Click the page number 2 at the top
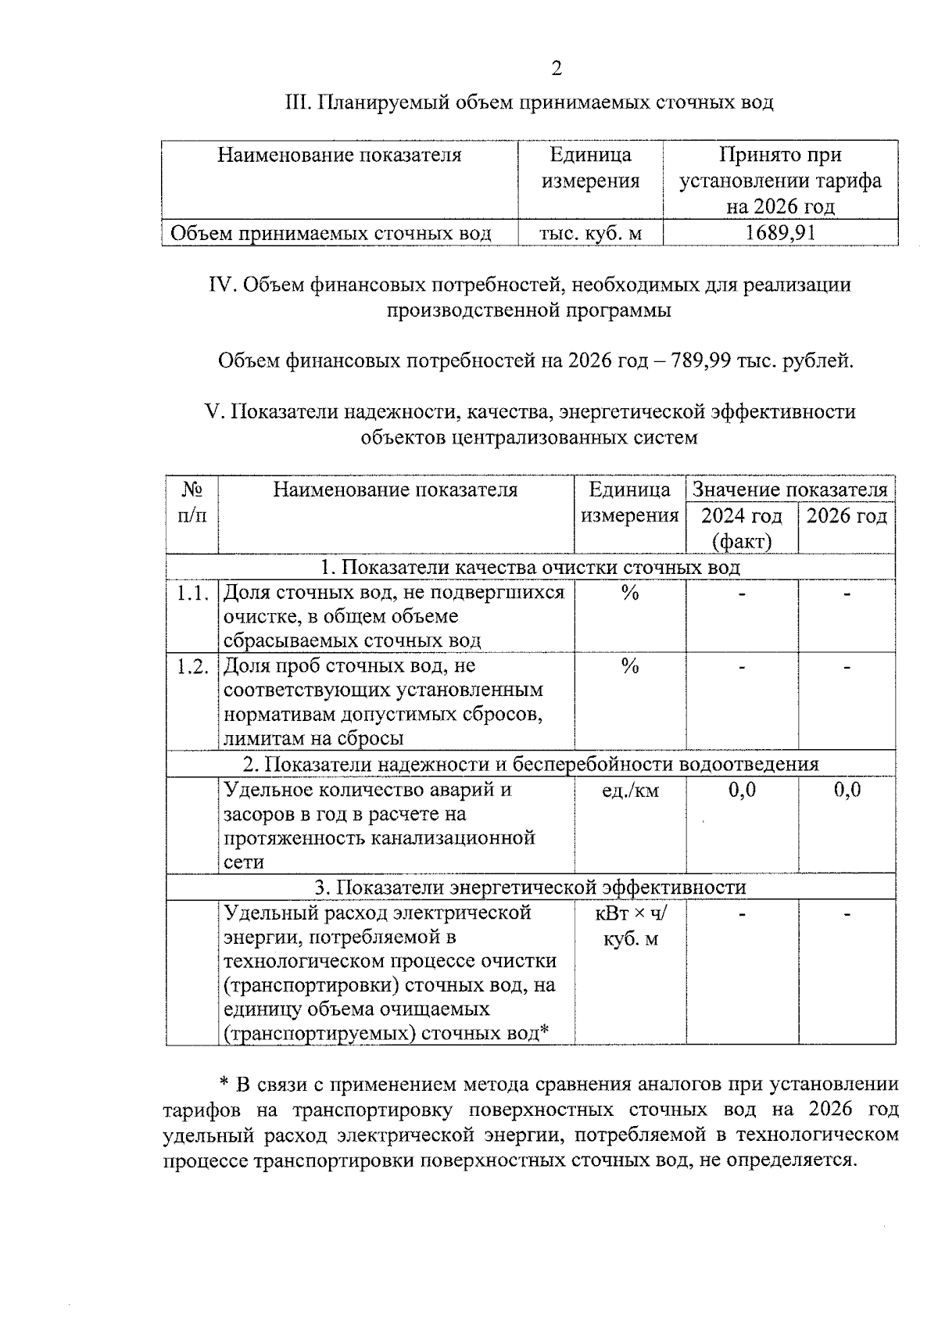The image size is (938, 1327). [x=556, y=69]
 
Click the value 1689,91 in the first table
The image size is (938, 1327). [x=780, y=233]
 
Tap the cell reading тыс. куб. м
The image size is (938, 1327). [x=590, y=233]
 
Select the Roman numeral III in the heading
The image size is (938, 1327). [x=299, y=102]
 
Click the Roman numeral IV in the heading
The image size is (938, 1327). [x=222, y=285]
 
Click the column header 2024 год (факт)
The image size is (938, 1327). [x=741, y=528]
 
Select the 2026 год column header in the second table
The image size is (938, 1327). [x=847, y=516]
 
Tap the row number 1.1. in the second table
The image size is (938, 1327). [x=192, y=594]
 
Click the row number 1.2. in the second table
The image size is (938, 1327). [x=192, y=667]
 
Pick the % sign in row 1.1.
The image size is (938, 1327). [x=630, y=594]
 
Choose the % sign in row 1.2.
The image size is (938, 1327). [x=630, y=667]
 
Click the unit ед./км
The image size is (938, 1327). [x=630, y=791]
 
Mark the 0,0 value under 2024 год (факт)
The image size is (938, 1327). [x=742, y=790]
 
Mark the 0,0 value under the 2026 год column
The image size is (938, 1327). [x=847, y=790]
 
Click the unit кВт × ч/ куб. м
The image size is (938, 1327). [x=630, y=925]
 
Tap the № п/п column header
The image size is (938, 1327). [x=192, y=503]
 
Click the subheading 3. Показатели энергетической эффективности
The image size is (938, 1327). [x=530, y=888]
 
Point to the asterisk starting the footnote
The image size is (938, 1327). [x=224, y=1085]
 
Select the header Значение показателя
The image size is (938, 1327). [x=790, y=490]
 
